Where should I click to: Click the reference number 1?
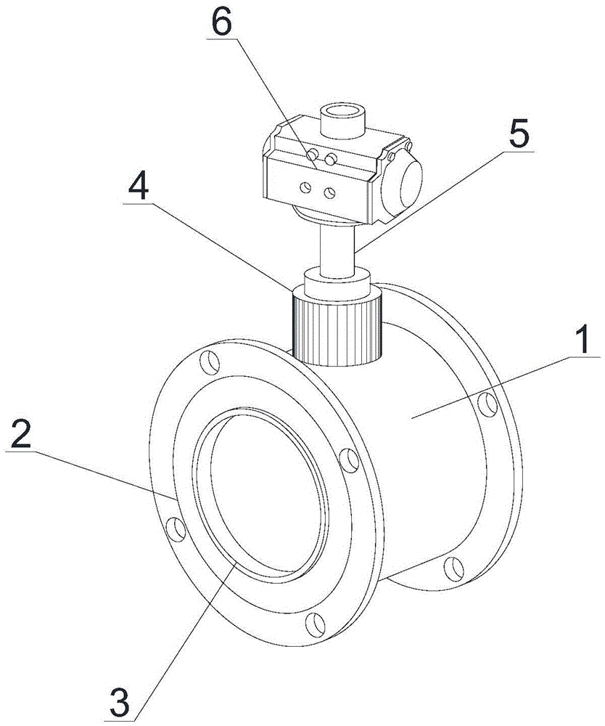tap(585, 338)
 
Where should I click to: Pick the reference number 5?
tap(519, 134)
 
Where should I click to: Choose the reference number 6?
tap(221, 23)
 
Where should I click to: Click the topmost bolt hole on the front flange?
tap(210, 362)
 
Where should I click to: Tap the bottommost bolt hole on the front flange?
tap(316, 626)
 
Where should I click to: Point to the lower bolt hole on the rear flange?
tap(454, 569)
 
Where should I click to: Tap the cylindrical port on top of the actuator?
tap(342, 121)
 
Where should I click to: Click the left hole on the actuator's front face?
tap(305, 187)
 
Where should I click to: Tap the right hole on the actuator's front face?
tap(329, 193)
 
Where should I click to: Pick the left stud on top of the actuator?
tap(313, 153)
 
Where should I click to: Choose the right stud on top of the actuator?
tap(330, 159)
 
